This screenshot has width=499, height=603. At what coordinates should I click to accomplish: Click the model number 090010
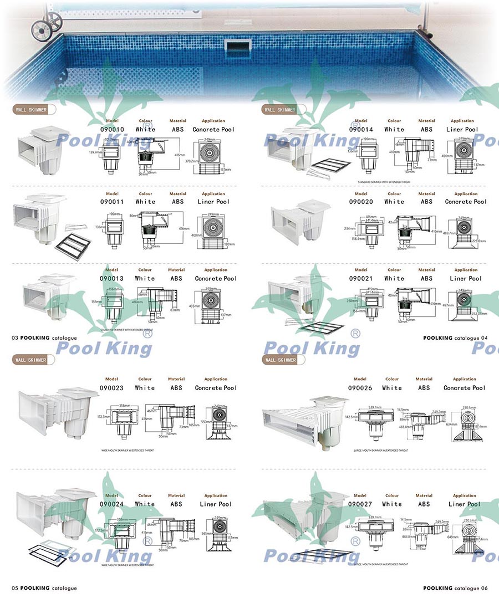111,130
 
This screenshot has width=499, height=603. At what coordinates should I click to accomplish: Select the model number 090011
111,202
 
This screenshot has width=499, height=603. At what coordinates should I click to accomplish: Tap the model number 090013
111,278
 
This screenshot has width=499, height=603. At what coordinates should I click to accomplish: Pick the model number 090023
111,388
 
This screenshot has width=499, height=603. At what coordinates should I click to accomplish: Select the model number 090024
111,504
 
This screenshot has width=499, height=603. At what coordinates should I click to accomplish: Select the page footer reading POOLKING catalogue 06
455,588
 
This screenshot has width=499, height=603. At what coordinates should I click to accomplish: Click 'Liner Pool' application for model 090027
465,504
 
